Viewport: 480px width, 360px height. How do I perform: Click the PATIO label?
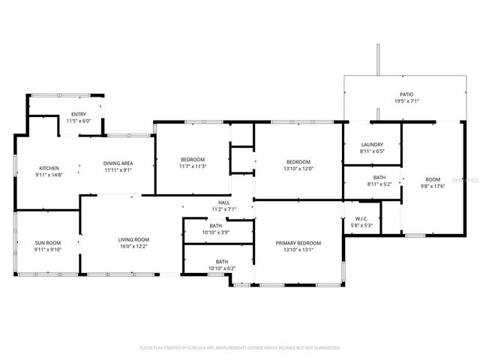406,94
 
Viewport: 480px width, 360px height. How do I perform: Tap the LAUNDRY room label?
372,145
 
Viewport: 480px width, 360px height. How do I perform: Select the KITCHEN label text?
49,168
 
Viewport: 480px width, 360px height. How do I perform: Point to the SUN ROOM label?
49,242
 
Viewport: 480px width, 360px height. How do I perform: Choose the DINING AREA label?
118,163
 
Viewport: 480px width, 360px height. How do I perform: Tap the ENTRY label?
78,114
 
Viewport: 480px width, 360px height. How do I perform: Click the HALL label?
223,202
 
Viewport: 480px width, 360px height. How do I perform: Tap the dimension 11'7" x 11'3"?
193,166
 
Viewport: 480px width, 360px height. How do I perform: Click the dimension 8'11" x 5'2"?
379,184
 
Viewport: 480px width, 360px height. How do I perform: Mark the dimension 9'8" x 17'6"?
433,186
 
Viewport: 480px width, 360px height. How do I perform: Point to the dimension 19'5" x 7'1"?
406,101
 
